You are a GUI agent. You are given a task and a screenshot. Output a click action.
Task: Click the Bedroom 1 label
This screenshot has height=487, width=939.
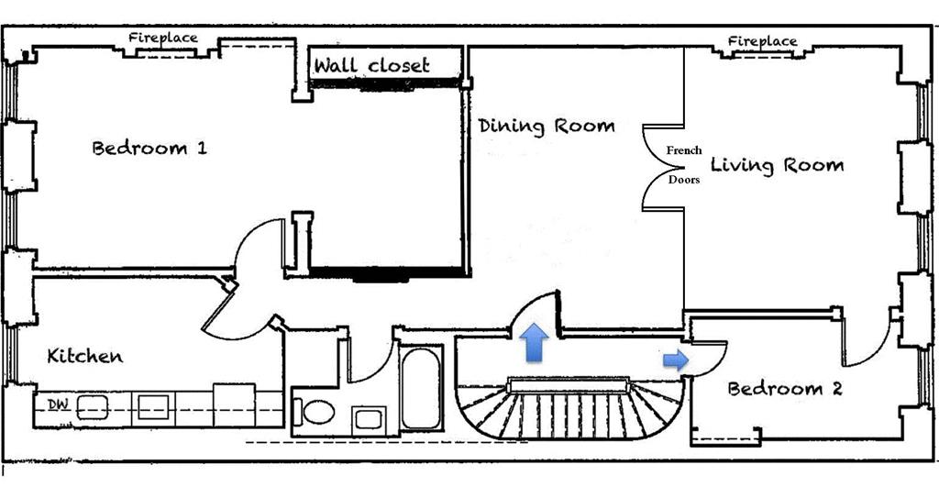click(149, 148)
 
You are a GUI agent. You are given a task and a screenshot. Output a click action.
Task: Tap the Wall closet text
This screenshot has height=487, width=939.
click(372, 66)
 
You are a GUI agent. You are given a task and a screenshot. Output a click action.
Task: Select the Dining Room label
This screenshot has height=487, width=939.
click(547, 126)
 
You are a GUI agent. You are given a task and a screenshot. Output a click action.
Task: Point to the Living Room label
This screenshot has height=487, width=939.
click(777, 166)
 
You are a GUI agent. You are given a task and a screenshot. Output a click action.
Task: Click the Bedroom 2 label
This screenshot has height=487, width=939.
click(784, 389)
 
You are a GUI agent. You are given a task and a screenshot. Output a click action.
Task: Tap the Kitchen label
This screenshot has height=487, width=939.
click(85, 356)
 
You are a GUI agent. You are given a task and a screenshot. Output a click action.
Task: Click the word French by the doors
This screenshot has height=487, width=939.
click(683, 150)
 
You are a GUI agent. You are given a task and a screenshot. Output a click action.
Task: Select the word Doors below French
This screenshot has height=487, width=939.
click(683, 180)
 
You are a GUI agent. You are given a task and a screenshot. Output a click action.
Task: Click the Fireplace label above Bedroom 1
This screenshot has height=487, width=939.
click(162, 38)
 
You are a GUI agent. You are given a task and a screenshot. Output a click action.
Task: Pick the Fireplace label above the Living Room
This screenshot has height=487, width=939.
click(762, 41)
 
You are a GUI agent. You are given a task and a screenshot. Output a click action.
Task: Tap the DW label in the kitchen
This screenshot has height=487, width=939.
click(56, 404)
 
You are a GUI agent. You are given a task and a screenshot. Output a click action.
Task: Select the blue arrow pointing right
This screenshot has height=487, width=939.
click(676, 360)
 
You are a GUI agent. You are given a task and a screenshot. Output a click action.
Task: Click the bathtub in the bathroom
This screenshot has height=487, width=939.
click(422, 386)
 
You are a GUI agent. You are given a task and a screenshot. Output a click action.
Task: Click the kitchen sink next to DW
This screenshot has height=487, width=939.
click(93, 406)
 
